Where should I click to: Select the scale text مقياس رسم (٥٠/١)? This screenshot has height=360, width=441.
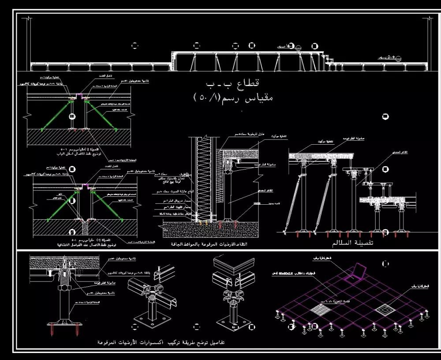[233, 97]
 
